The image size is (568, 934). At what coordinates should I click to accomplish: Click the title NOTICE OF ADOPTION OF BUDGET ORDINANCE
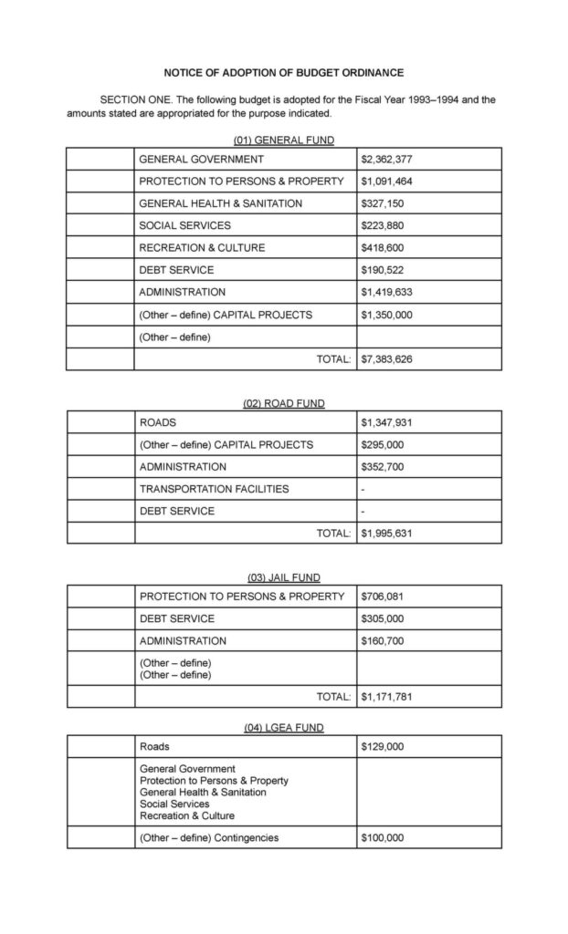(283, 71)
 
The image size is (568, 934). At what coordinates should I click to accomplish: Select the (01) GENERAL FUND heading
(283, 140)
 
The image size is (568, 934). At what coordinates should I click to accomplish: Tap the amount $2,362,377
(387, 159)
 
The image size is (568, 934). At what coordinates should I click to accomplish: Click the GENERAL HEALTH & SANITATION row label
(220, 203)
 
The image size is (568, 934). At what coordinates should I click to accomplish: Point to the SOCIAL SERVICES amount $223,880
(383, 225)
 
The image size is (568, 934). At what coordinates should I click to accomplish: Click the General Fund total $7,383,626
(387, 359)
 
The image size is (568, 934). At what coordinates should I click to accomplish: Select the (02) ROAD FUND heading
(283, 403)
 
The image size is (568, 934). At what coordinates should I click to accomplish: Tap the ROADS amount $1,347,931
(387, 423)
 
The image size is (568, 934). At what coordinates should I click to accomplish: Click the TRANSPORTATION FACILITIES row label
(214, 489)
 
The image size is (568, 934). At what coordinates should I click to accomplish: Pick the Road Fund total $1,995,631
(387, 534)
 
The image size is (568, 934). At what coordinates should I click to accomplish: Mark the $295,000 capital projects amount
(383, 445)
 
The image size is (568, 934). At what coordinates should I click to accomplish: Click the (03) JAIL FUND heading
(283, 577)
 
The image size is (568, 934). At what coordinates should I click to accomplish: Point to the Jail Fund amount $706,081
(383, 597)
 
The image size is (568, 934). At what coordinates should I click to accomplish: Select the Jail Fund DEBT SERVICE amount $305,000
(383, 618)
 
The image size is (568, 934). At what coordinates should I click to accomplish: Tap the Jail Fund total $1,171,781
(387, 697)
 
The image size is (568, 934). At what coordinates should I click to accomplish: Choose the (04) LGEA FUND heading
(283, 727)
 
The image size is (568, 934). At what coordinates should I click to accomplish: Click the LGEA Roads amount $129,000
(383, 747)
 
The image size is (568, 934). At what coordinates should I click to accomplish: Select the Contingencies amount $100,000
(383, 837)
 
